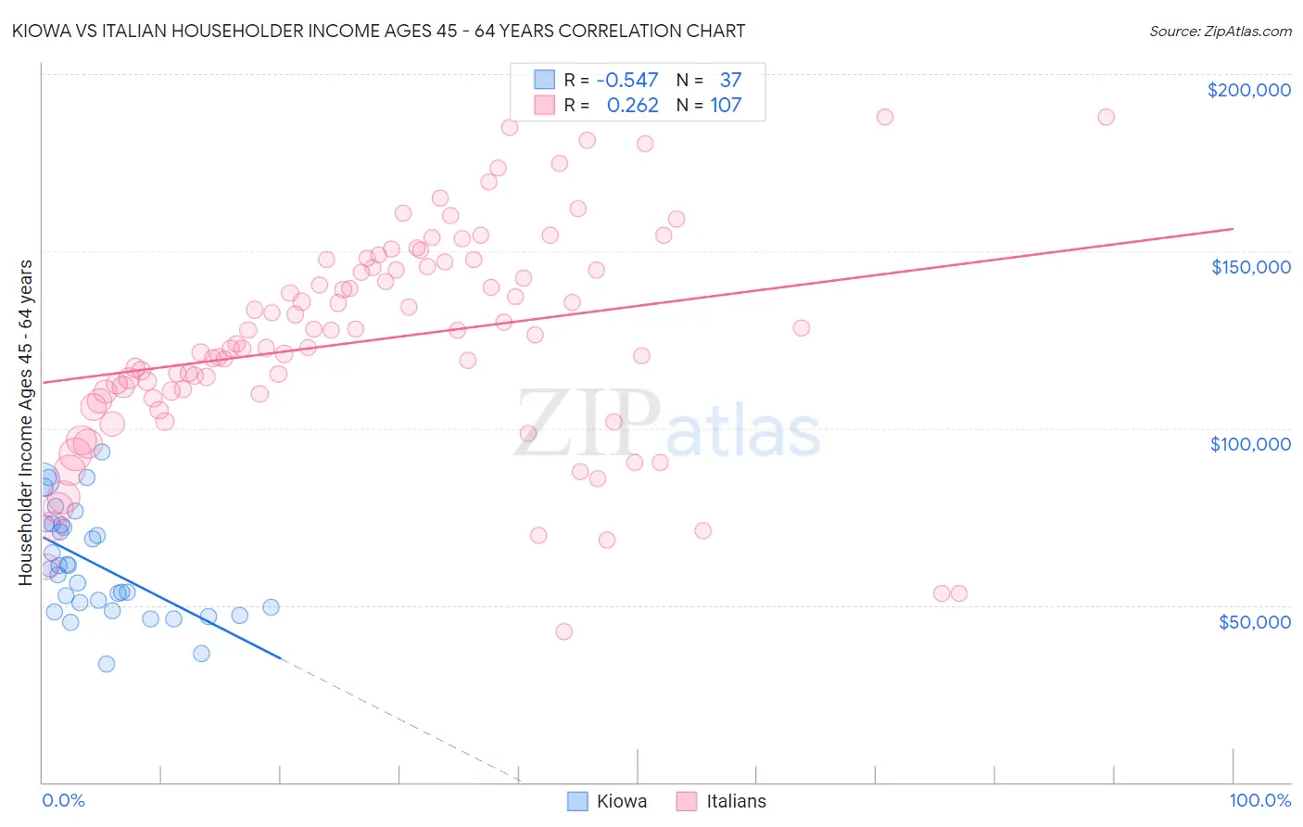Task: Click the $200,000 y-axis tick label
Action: (x=1248, y=90)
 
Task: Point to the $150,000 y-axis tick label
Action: (x=1250, y=267)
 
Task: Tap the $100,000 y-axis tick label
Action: (x=1250, y=444)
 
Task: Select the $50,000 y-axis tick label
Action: (x=1254, y=621)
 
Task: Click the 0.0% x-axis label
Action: (x=63, y=800)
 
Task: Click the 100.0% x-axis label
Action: (x=1259, y=800)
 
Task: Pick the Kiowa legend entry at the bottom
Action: (x=607, y=801)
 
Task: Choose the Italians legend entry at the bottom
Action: (x=721, y=801)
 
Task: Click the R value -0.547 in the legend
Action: (x=627, y=80)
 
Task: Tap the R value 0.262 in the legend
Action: (x=632, y=105)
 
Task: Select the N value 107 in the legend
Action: (x=726, y=105)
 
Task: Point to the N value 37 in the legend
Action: (x=730, y=80)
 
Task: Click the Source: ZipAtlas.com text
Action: (x=1220, y=32)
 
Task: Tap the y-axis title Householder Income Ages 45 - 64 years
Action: (x=25, y=423)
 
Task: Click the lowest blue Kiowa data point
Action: (x=107, y=664)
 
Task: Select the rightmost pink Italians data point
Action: (x=1106, y=117)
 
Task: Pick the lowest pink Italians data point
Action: (x=563, y=631)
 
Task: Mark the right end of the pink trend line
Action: (x=1233, y=228)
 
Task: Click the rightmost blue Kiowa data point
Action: (x=271, y=607)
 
